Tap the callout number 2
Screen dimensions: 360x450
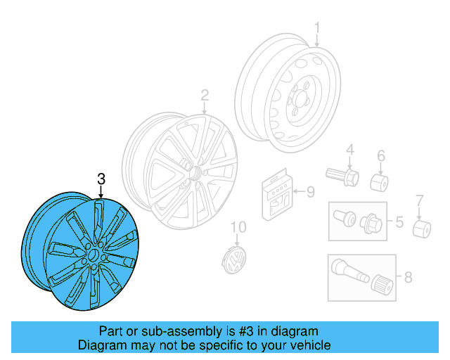point(205,95)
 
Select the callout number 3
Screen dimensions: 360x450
point(101,181)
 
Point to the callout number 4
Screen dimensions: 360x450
point(349,149)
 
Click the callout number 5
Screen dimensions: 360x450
point(399,223)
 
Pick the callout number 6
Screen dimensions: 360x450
point(381,155)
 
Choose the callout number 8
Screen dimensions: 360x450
point(408,277)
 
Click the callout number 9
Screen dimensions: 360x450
point(310,190)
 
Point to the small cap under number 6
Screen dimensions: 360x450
point(380,181)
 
